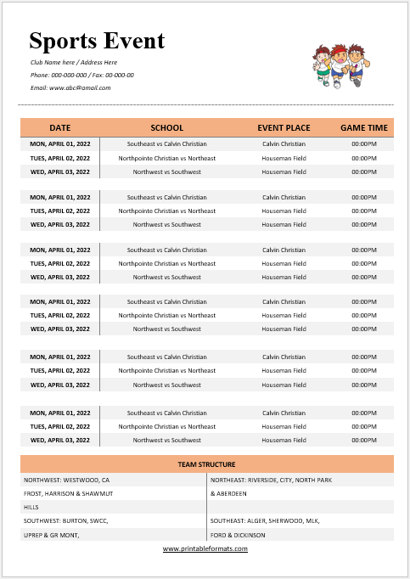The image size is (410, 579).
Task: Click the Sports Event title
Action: coord(97,41)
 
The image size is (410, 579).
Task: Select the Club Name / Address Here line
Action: coord(74,63)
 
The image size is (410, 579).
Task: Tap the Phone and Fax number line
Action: coord(81,75)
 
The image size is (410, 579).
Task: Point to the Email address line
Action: coord(70,87)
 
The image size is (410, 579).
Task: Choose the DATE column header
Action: coord(60,128)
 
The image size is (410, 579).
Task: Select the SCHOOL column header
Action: coord(166,128)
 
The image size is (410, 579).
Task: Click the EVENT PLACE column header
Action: coord(284,128)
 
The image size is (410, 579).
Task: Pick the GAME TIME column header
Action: coord(364,128)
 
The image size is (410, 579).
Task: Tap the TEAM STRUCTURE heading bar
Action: coord(206,464)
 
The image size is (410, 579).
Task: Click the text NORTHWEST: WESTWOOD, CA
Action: coord(66,480)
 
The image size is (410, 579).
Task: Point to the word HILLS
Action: coord(32,507)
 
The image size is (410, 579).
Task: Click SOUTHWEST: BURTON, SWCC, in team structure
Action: coord(65,520)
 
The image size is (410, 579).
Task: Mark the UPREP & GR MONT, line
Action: coord(51,535)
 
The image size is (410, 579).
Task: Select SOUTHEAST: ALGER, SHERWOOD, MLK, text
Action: coord(266,520)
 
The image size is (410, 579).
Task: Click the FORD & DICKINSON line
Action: coord(238,535)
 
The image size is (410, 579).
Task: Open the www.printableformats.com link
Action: coord(205,548)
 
